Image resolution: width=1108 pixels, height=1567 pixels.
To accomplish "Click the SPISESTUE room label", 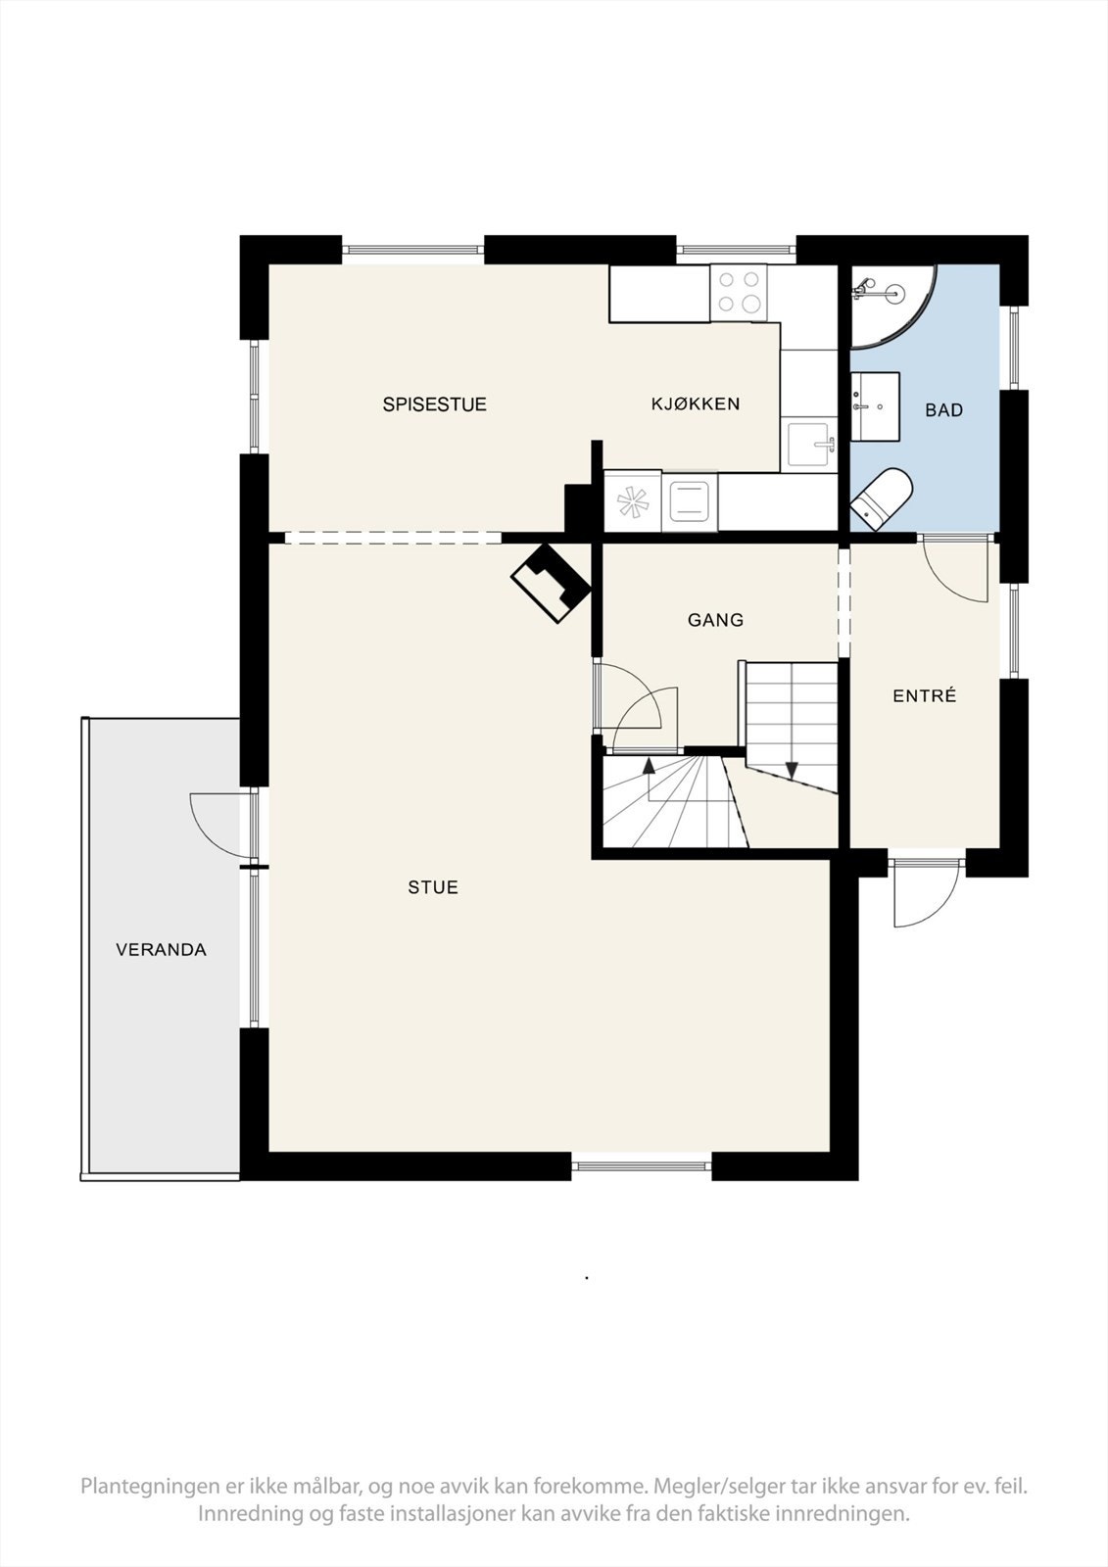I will pyautogui.click(x=434, y=404).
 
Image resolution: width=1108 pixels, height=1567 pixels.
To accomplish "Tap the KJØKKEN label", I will pyautogui.click(x=696, y=404).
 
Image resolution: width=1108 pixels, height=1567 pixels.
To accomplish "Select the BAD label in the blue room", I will pyautogui.click(x=943, y=410).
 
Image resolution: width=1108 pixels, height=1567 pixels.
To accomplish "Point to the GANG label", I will pyautogui.click(x=715, y=620).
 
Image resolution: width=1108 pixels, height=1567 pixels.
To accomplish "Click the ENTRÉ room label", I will pyautogui.click(x=924, y=696).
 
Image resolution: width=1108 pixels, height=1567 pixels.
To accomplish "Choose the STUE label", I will pyautogui.click(x=433, y=887).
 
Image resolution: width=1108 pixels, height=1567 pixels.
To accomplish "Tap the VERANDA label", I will pyautogui.click(x=161, y=950).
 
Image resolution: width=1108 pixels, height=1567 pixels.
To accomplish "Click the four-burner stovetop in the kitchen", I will pyautogui.click(x=739, y=292).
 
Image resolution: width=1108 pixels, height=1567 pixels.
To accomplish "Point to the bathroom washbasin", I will pyautogui.click(x=874, y=404).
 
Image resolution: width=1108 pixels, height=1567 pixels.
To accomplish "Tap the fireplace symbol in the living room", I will pyautogui.click(x=551, y=584).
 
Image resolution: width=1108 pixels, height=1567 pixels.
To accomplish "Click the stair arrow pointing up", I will pyautogui.click(x=648, y=766).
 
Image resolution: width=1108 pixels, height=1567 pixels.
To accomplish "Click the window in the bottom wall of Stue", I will pyautogui.click(x=641, y=1165).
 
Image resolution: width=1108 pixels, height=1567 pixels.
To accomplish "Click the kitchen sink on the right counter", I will pyautogui.click(x=811, y=446).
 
